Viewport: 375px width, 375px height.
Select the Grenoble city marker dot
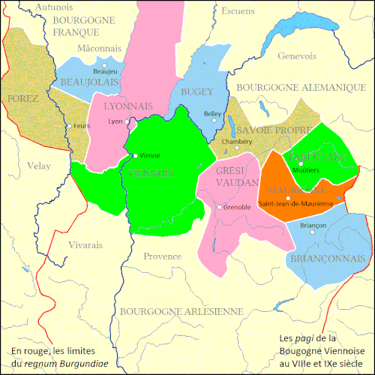(218, 207)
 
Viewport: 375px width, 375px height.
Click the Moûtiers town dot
(300, 163)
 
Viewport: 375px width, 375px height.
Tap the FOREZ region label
(22, 99)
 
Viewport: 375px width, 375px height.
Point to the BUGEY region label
(196, 91)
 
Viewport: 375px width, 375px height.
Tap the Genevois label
(295, 55)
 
